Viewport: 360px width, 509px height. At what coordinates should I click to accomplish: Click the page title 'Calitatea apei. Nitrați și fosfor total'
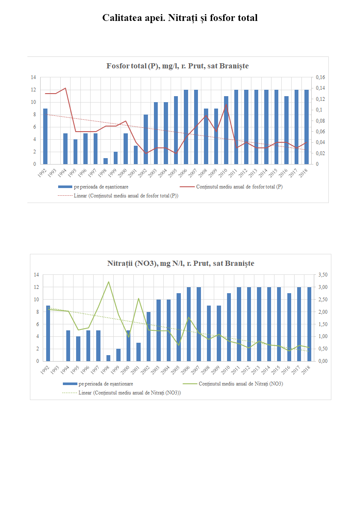[x=180, y=18]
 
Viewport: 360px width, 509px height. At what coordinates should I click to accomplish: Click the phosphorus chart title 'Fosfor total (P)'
[x=177, y=66]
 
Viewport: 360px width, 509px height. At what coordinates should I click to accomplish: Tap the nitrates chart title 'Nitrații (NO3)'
[x=180, y=263]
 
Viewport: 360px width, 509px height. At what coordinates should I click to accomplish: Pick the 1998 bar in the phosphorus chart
[x=106, y=161]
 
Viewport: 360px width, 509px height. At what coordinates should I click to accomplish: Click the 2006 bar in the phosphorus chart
[x=186, y=127]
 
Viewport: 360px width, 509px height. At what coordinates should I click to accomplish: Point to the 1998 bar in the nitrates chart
[x=108, y=358]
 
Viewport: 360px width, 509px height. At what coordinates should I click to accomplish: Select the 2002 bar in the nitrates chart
[x=148, y=336]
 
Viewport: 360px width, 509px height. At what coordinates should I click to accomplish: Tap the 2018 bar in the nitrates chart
[x=309, y=324]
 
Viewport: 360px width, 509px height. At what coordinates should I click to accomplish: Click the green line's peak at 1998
[x=109, y=282]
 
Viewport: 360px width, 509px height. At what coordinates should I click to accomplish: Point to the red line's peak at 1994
[x=65, y=88]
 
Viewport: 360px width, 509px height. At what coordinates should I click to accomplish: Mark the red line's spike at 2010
[x=226, y=105]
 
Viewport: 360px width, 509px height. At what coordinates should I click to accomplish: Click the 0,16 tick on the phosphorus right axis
[x=320, y=77]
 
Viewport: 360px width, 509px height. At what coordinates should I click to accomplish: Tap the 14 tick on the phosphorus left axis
[x=33, y=77]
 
